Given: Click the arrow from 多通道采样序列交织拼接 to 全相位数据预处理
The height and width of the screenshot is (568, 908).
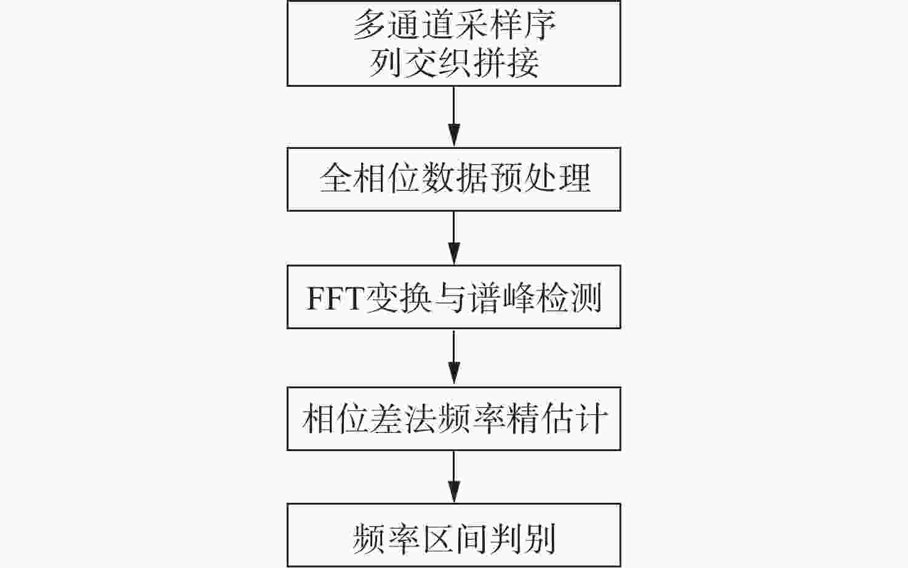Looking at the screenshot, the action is [x=454, y=117].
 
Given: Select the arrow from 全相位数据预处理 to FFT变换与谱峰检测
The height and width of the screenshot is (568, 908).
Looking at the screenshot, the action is [x=454, y=238].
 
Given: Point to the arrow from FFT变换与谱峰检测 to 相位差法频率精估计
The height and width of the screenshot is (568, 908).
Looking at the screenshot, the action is [x=454, y=358].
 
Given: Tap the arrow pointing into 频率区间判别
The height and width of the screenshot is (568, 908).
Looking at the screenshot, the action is [x=454, y=477].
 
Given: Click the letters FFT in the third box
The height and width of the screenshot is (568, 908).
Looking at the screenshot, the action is [x=334, y=298].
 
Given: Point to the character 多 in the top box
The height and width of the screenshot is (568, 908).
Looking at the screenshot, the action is [x=369, y=25].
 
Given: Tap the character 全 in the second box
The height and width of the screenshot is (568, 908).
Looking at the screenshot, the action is [x=336, y=178].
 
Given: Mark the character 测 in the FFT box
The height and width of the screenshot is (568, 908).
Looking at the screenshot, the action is [x=585, y=298].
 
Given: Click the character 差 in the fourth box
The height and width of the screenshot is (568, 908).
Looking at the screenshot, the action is [x=385, y=418].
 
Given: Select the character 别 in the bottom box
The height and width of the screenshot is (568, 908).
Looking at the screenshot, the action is [x=539, y=538].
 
